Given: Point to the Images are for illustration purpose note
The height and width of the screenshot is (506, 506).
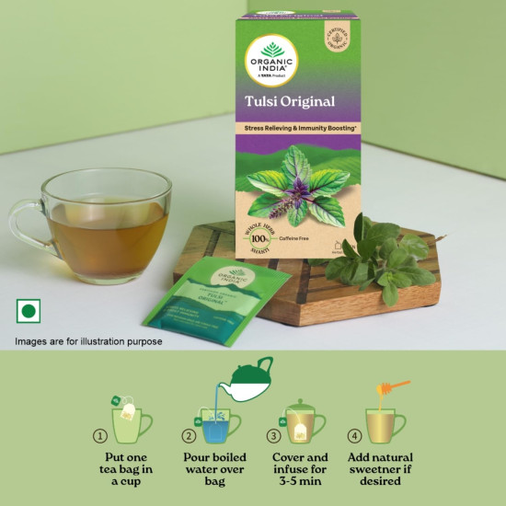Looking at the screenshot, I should click(x=88, y=341).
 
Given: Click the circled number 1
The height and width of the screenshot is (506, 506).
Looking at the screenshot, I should click(x=100, y=435).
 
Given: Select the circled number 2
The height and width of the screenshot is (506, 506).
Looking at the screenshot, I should click(x=189, y=435).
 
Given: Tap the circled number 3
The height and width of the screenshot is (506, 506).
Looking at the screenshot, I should click(x=273, y=435).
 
